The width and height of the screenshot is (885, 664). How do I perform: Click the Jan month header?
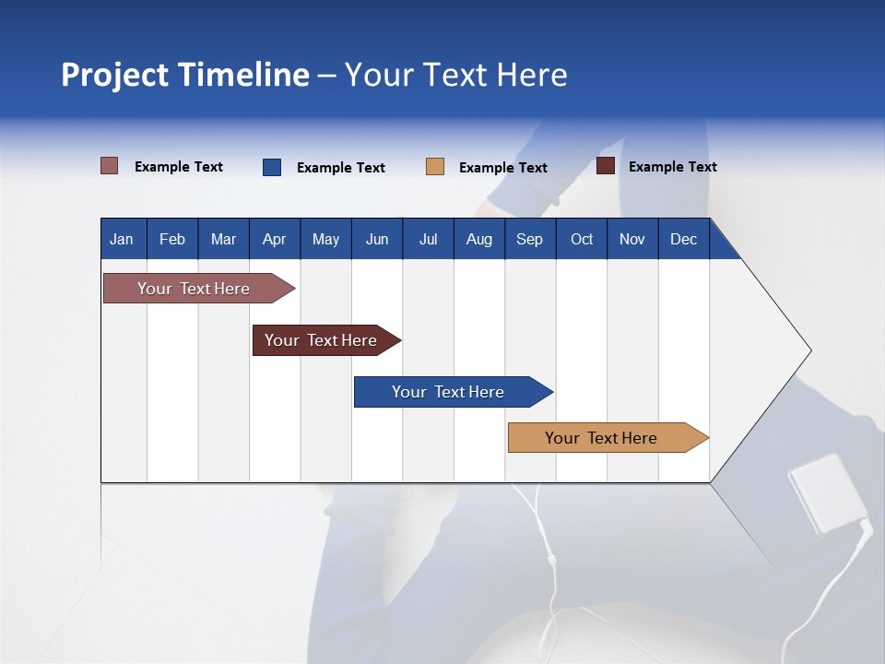[x=122, y=239]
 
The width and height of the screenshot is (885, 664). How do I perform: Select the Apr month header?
[x=274, y=239]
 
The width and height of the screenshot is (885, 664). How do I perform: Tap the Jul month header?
[x=428, y=239]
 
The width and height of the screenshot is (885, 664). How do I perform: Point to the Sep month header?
[x=529, y=239]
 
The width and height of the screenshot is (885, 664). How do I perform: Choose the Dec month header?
[x=683, y=239]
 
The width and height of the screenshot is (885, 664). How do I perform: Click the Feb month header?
[x=172, y=239]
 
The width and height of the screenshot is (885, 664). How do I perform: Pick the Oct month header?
[x=582, y=239]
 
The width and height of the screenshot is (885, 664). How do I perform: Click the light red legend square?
[x=110, y=166]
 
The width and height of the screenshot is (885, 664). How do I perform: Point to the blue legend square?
[x=272, y=167]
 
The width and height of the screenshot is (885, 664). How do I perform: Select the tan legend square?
[x=435, y=167]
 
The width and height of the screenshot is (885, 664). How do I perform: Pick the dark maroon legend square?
[x=606, y=166]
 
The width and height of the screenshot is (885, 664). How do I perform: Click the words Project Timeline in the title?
[x=185, y=75]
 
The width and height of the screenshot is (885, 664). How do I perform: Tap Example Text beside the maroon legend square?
[x=672, y=167]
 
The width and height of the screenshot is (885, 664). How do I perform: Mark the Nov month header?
[x=632, y=239]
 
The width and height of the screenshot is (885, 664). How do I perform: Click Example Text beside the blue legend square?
[x=340, y=168]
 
